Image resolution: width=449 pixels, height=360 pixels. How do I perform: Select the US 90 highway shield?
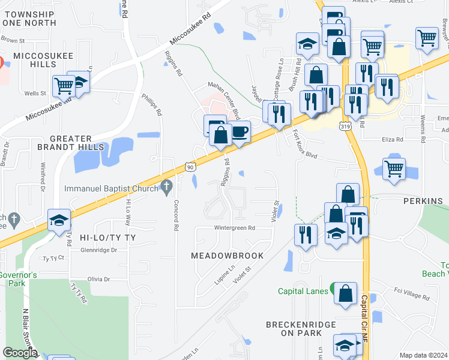pyautogui.click(x=190, y=166)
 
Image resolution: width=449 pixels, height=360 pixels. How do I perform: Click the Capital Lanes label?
pyautogui.click(x=303, y=292)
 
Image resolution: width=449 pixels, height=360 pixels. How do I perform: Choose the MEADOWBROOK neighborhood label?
pyautogui.click(x=227, y=256)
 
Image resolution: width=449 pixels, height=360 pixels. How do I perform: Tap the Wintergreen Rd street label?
pyautogui.click(x=235, y=228)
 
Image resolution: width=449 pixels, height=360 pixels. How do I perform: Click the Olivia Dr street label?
pyautogui.click(x=99, y=279)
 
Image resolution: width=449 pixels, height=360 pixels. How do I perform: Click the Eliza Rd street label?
pyautogui.click(x=392, y=139)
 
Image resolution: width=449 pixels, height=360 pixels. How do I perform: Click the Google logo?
pyautogui.click(x=20, y=353)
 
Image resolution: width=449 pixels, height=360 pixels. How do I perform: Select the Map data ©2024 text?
pyautogui.click(x=423, y=355)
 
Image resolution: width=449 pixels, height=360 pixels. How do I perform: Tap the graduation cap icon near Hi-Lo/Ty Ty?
pyautogui.click(x=60, y=221)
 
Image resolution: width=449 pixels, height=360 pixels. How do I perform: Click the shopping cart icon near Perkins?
pyautogui.click(x=394, y=169)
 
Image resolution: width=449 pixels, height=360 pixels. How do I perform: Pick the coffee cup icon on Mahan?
pyautogui.click(x=240, y=131)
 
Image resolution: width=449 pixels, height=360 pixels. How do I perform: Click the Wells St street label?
pyautogui.click(x=35, y=93)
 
